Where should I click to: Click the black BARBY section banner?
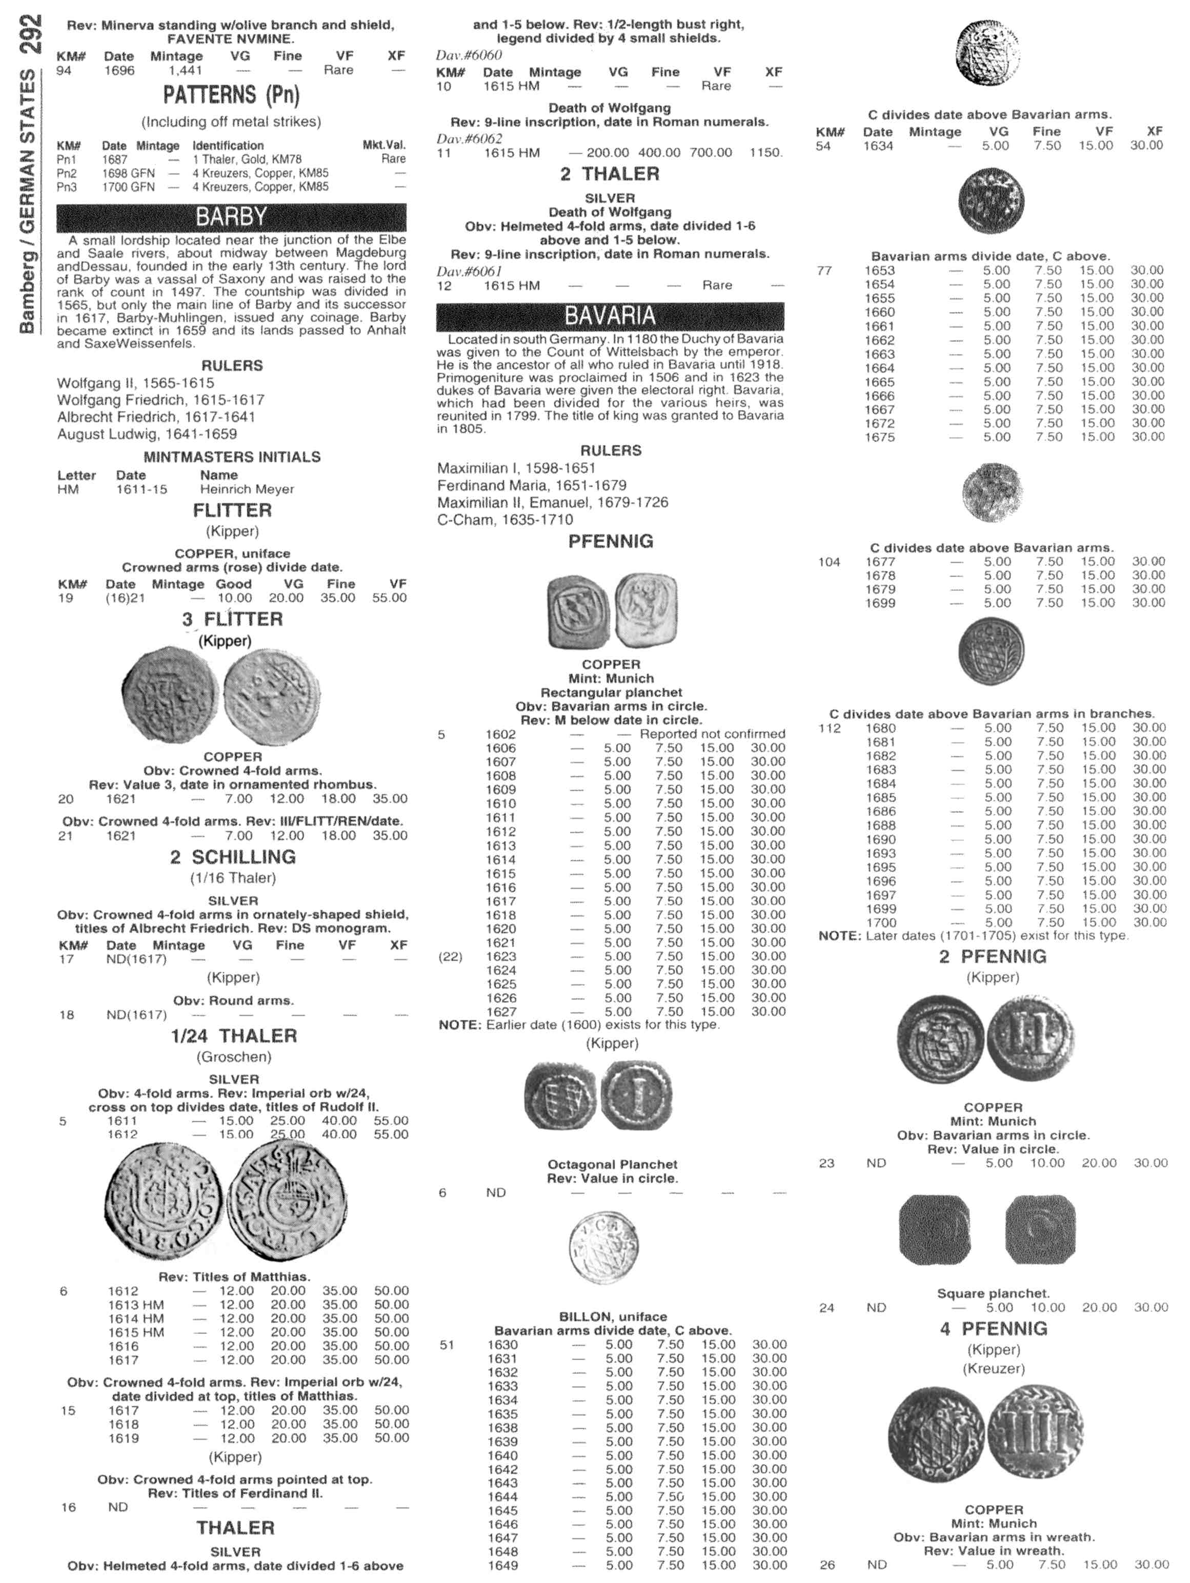(231, 217)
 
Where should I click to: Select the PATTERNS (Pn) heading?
(231, 95)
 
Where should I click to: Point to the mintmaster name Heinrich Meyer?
(247, 489)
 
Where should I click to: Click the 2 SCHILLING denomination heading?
(233, 857)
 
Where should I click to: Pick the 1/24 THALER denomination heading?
(233, 1036)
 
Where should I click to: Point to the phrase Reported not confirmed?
(712, 734)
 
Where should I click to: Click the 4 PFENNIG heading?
(993, 1329)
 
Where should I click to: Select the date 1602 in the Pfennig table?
(500, 734)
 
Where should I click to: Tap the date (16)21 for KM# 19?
(125, 598)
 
